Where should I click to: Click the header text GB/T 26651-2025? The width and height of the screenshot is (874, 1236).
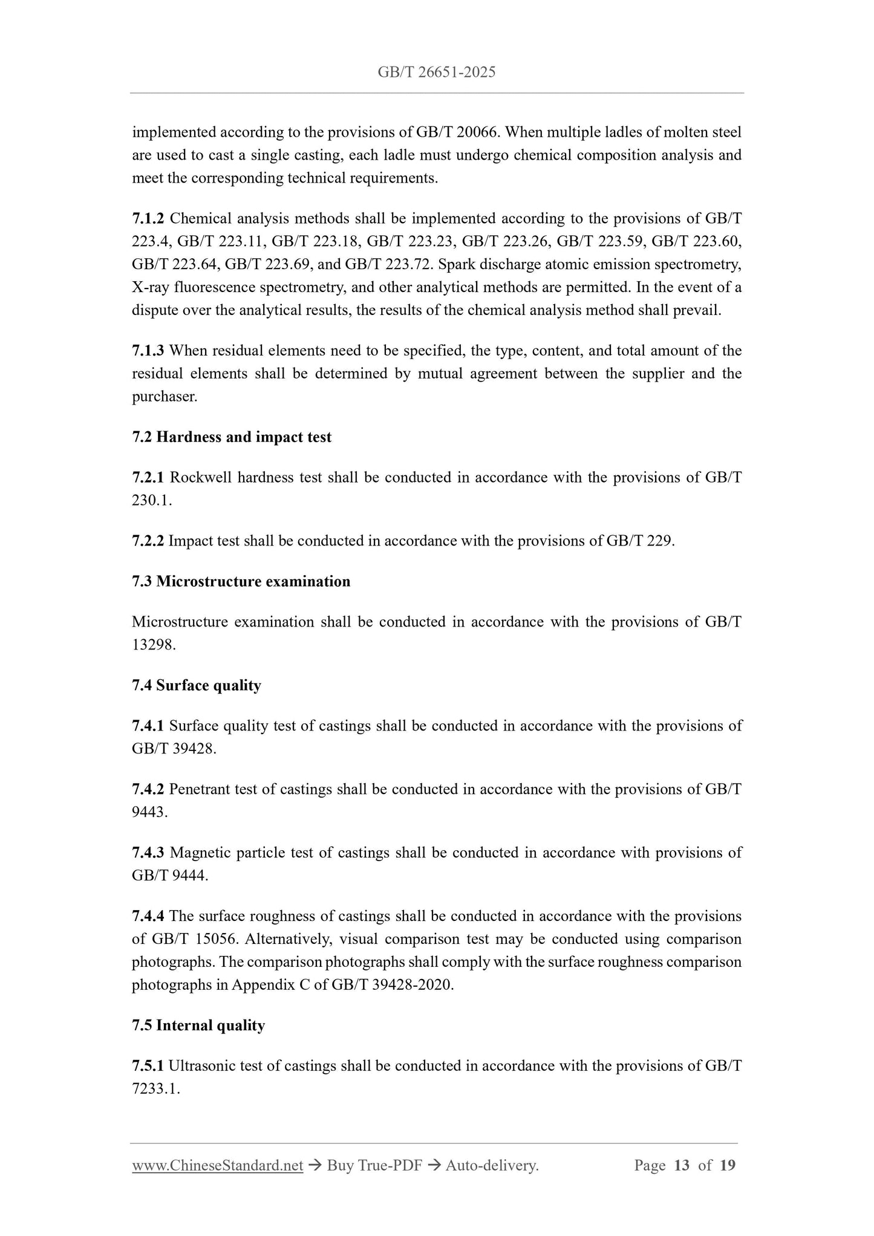point(436,73)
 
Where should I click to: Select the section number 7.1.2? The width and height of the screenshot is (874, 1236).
point(148,218)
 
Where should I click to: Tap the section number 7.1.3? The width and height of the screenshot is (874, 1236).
point(148,351)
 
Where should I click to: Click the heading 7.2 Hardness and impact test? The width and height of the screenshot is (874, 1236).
point(232,437)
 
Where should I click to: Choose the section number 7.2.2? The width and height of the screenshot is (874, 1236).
point(148,541)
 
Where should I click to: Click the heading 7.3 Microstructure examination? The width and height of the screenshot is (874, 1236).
point(241,582)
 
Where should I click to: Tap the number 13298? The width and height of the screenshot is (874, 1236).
point(153,645)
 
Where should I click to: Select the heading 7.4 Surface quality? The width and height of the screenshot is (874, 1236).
point(197,686)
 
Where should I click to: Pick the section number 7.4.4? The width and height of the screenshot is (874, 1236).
point(148,917)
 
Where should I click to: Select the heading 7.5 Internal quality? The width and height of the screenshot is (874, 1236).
point(198,1026)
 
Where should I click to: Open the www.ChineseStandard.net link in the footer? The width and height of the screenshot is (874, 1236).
point(217,1166)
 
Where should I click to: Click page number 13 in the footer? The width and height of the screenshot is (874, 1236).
point(682,1166)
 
